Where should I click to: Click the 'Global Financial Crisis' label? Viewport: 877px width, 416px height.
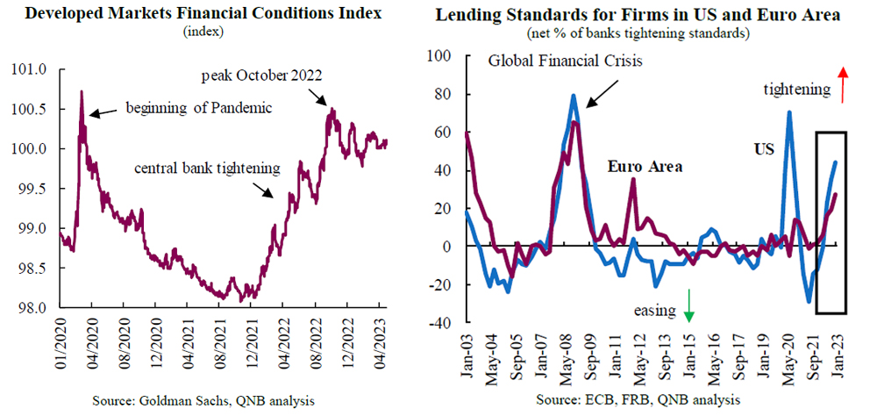[x=566, y=62]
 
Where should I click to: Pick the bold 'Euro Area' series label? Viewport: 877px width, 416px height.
[x=645, y=166]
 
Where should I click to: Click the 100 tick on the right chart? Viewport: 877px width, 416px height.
[x=437, y=56]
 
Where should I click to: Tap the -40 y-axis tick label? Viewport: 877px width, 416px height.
[x=437, y=323]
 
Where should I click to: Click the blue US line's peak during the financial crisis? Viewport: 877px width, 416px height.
[x=574, y=96]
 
